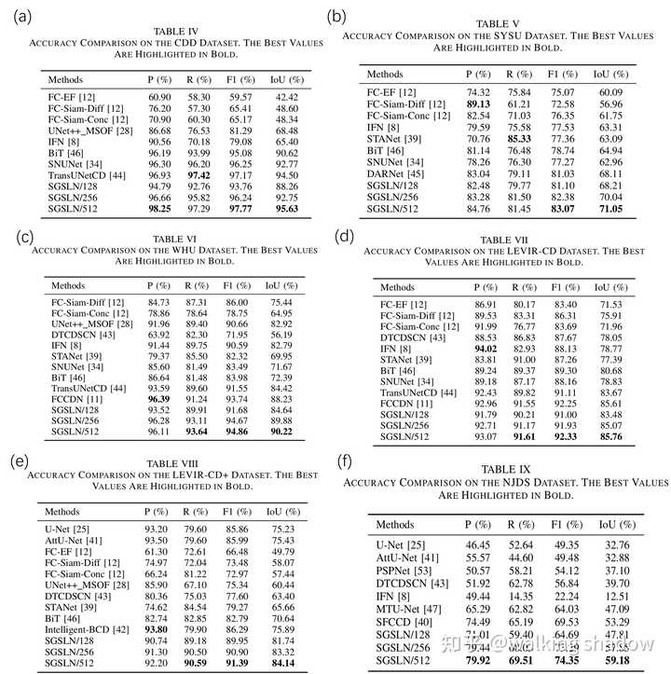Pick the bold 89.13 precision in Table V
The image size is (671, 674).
coord(478,105)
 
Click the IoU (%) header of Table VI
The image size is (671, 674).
coord(280,285)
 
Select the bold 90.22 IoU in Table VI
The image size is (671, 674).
coord(280,432)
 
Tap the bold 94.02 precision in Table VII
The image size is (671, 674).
coord(486,348)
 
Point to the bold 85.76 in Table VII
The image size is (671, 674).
coord(611,436)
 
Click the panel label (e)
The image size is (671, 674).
coord(18,460)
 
